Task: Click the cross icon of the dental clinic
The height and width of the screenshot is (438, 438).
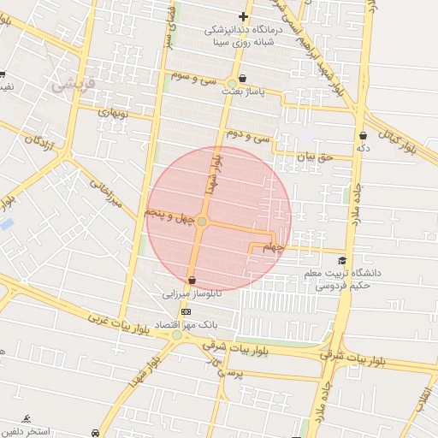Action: tap(244, 16)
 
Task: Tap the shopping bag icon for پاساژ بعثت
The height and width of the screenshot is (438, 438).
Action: tap(244, 78)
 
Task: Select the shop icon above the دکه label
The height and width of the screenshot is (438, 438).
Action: tap(364, 135)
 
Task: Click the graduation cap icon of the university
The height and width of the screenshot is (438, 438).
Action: tap(343, 261)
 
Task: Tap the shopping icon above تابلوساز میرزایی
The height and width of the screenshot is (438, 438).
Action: tap(192, 280)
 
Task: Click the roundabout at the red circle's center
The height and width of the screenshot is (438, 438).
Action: tap(202, 222)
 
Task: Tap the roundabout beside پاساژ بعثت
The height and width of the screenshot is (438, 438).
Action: tap(231, 84)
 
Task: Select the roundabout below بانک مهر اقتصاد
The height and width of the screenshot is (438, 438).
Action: tap(177, 335)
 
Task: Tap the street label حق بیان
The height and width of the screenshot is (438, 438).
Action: tap(313, 157)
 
